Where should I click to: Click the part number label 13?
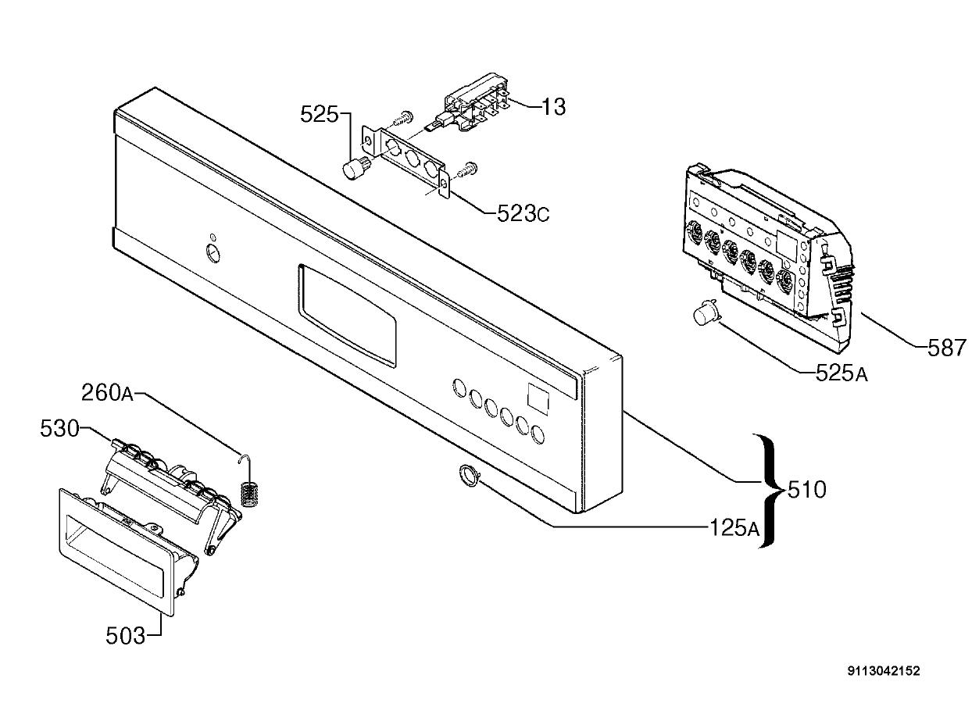553,106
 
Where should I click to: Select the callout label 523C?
523,214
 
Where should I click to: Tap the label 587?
947,348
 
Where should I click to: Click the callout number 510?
807,490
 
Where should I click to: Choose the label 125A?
734,528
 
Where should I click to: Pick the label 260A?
107,393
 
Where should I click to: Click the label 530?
59,428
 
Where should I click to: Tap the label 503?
125,636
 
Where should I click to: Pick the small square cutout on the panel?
538,399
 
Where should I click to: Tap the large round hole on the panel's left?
213,254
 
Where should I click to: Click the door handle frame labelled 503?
116,552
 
